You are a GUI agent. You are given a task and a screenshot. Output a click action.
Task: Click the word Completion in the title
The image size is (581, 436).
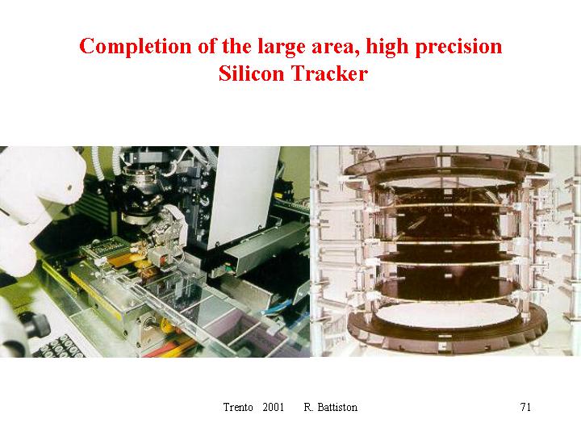coord(136,48)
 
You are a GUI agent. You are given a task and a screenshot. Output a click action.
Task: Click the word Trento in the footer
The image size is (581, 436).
coord(238,407)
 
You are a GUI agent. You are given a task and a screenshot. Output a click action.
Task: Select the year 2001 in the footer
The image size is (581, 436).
coord(273,407)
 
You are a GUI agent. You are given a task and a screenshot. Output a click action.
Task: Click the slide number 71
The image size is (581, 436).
coord(525,407)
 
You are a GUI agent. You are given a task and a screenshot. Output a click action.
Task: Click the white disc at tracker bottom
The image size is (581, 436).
coord(447,315)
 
